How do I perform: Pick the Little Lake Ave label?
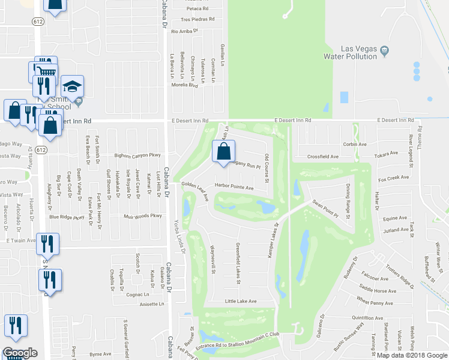coord(240,301)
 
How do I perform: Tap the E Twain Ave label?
coord(18,240)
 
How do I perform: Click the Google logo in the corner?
coord(19,352)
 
